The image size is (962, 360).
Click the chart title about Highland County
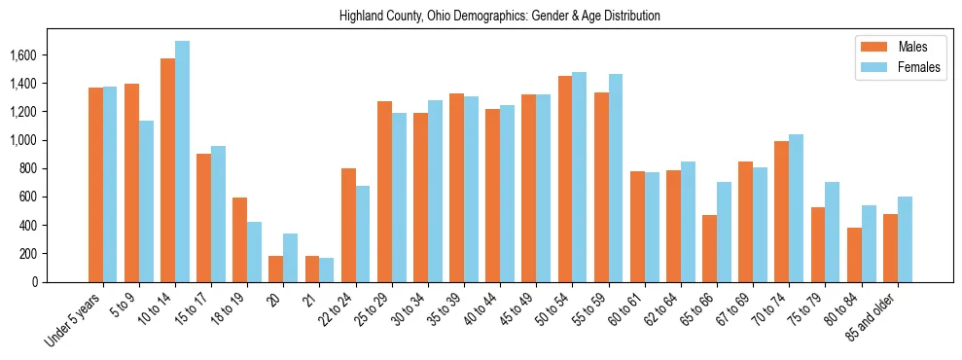(500, 17)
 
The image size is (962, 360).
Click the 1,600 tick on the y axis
(22, 55)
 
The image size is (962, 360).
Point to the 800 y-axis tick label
(27, 168)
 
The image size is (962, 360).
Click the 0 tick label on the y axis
(35, 282)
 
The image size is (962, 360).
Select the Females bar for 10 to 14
(182, 162)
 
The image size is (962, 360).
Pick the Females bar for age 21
(327, 270)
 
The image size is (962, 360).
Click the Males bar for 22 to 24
(348, 225)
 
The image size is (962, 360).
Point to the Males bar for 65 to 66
(709, 248)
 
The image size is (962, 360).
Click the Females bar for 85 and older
(905, 239)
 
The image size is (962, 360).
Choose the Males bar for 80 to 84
(854, 255)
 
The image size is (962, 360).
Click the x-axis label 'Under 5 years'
(74, 321)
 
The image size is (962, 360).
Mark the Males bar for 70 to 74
(782, 211)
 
